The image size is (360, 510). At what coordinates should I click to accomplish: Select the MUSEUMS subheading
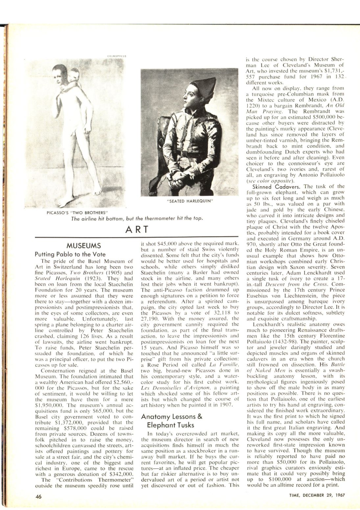pyautogui.click(x=84, y=245)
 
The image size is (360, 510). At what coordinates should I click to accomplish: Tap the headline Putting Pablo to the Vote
pyautogui.click(x=70, y=254)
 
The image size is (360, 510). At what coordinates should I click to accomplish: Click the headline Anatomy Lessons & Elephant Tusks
pyautogui.click(x=172, y=421)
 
